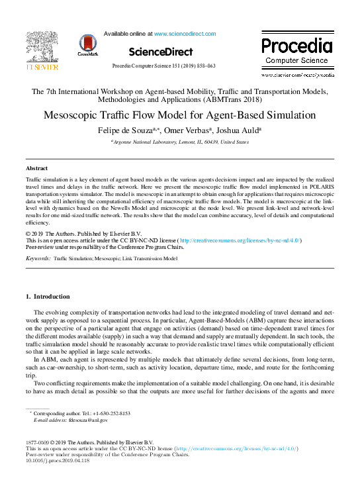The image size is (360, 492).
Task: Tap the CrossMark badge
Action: tap(87, 45)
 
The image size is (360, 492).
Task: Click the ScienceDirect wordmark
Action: tap(161, 51)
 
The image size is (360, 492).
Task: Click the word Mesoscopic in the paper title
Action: tap(73, 115)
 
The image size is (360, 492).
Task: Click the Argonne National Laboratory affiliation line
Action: tap(179, 142)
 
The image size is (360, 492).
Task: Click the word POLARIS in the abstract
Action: tap(317, 187)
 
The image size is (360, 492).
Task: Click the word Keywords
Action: tap(37, 258)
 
